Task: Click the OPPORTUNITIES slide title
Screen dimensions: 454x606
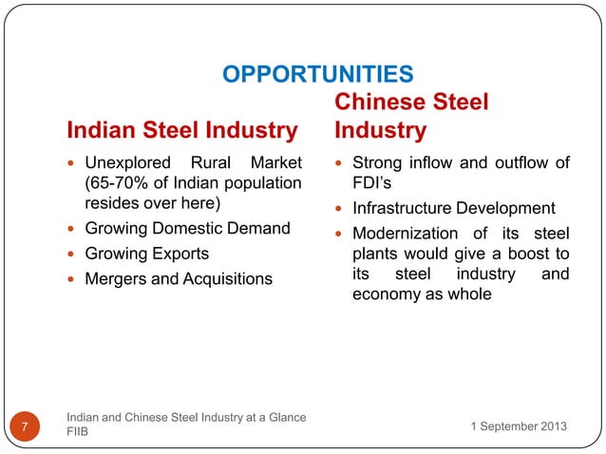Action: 316,73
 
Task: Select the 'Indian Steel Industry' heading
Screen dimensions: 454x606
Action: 181,129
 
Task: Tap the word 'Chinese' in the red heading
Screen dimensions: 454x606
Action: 381,102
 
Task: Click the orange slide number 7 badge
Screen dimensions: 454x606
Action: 24,425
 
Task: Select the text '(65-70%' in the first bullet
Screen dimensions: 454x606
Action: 114,183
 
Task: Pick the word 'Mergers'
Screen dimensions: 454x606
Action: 116,279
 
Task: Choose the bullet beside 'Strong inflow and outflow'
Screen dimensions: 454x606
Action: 341,163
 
